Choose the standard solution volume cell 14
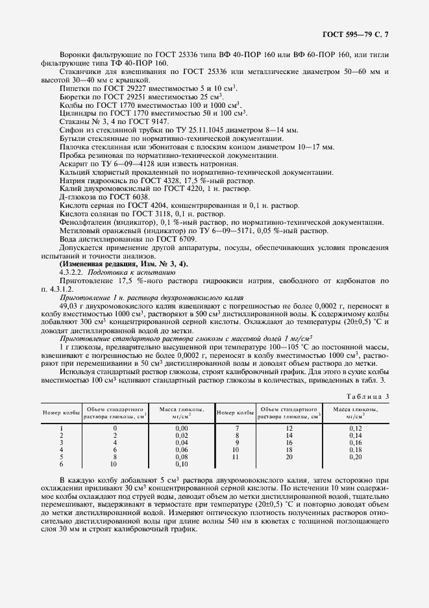click(x=290, y=435)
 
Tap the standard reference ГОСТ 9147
click(x=150, y=121)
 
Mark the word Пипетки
click(x=75, y=88)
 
